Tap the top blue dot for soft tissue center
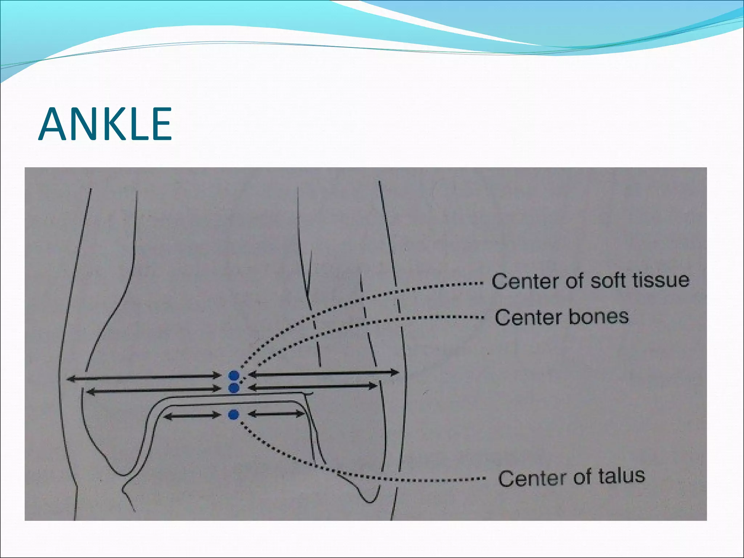coord(233,376)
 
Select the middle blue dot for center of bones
coord(234,388)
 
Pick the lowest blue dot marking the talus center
coord(234,415)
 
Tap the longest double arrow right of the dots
coord(323,373)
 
